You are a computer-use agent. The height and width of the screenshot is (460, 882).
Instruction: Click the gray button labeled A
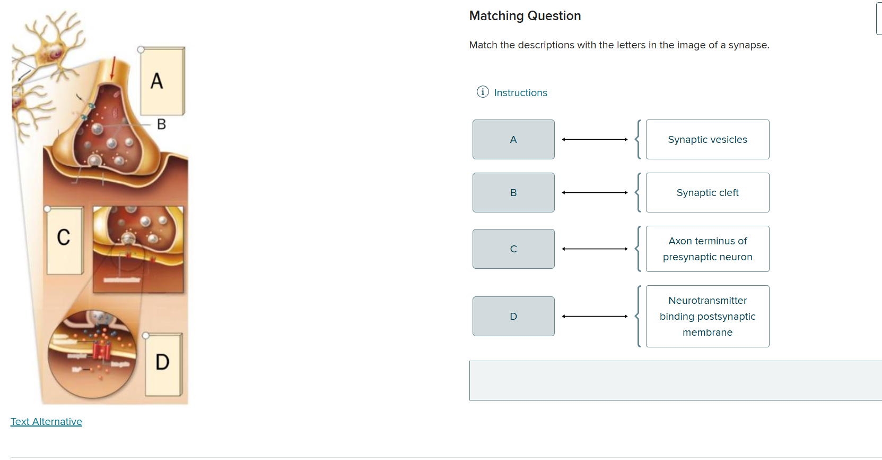(x=513, y=139)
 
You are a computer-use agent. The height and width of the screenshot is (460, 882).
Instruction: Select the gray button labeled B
(x=513, y=192)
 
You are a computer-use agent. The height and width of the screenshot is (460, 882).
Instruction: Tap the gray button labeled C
(x=513, y=249)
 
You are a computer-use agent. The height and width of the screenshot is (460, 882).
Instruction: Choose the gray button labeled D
(x=513, y=316)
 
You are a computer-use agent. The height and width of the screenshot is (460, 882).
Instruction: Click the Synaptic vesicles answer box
(x=707, y=139)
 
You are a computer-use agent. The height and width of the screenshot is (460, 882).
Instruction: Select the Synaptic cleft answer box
(x=707, y=192)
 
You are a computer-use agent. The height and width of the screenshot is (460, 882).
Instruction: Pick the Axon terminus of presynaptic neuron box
(x=707, y=249)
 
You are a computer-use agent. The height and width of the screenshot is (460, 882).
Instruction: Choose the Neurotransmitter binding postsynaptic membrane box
(x=707, y=316)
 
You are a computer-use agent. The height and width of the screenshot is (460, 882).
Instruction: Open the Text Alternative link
(x=46, y=421)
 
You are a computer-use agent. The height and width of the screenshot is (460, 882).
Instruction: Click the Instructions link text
(x=520, y=92)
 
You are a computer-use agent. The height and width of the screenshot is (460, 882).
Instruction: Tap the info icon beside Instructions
(x=482, y=92)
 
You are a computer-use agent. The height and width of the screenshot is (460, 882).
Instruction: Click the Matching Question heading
(x=525, y=16)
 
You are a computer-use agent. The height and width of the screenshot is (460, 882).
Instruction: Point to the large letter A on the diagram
(x=156, y=81)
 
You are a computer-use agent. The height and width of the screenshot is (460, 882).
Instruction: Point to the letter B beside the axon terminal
(x=161, y=124)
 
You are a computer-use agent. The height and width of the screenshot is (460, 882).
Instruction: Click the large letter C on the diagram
(x=64, y=237)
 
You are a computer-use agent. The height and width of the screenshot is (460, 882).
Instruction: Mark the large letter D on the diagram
(x=162, y=362)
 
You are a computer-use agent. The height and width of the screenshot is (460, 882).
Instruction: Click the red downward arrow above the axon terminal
(x=112, y=68)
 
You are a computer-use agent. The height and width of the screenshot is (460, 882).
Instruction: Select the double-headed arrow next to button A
(x=595, y=139)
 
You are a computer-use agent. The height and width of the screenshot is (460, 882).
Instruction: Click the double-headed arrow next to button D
(x=595, y=316)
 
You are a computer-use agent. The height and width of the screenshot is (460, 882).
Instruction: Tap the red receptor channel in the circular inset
(x=101, y=351)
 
